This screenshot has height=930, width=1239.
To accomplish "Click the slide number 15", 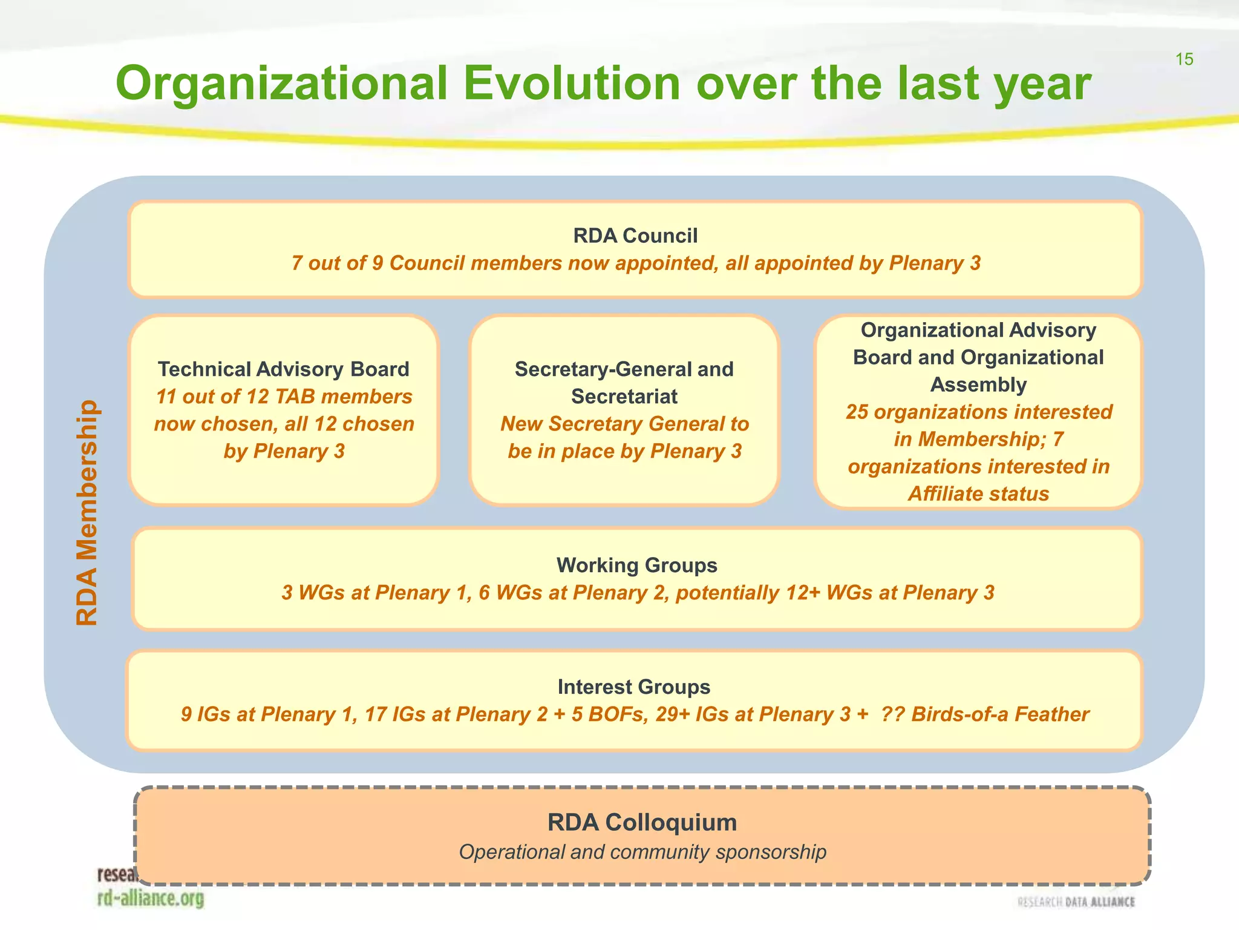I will [1184, 59].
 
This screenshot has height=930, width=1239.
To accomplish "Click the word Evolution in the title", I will [572, 84].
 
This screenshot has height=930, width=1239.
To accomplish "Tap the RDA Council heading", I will [635, 236].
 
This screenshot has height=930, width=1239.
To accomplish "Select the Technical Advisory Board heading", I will [283, 369].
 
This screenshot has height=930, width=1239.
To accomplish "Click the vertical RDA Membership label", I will [87, 512].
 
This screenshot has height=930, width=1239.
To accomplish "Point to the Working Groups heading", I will [636, 565].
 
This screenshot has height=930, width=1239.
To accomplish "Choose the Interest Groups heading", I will [633, 687].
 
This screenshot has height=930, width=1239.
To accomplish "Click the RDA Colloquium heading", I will [642, 822].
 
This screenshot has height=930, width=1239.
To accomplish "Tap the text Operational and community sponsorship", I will [642, 852].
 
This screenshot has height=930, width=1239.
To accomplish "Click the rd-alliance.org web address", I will [151, 898].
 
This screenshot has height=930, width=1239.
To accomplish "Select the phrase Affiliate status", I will [978, 493].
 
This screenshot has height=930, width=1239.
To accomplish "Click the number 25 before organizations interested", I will [857, 412].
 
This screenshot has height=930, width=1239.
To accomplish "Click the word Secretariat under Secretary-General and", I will [624, 396].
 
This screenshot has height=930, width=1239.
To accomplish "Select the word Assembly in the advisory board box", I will [978, 384].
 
